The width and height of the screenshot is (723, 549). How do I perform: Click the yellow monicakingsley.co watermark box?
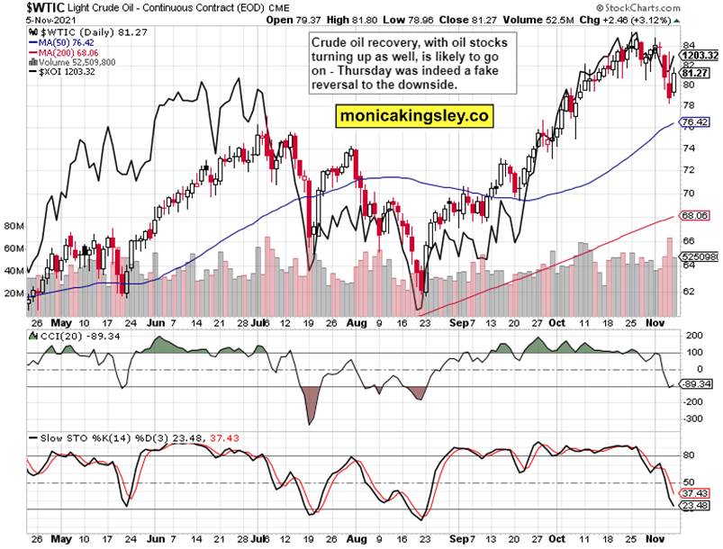pos(414,116)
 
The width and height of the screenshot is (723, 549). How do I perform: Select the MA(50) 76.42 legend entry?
pos(68,40)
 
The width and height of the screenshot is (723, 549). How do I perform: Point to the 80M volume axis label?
pos(14,226)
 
